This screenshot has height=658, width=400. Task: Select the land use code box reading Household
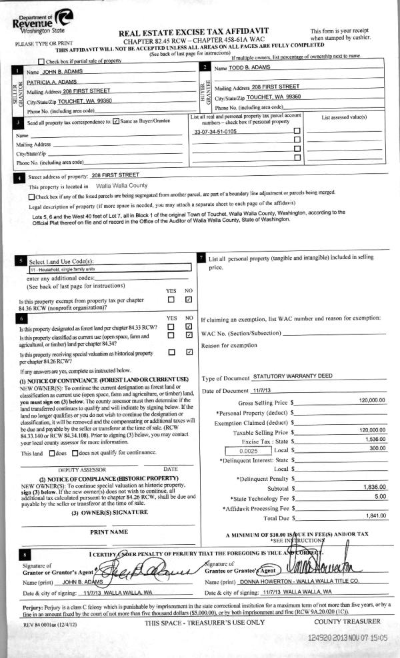(x=110, y=269)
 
